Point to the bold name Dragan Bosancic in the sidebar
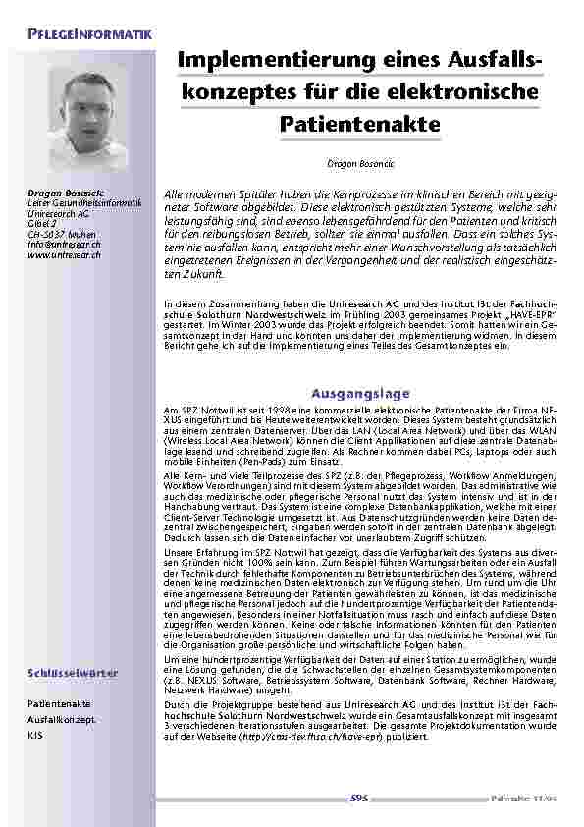pyautogui.click(x=58, y=193)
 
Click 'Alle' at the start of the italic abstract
pyautogui.click(x=175, y=196)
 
